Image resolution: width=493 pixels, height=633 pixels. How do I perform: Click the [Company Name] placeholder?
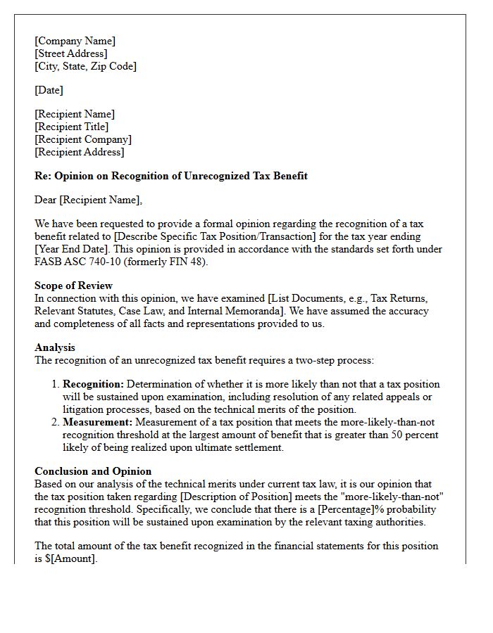[x=75, y=41]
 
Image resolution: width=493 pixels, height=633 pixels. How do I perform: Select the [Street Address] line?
[x=70, y=53]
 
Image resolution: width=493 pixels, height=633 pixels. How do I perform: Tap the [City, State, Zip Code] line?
[x=85, y=66]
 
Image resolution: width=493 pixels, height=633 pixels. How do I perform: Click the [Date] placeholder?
[x=49, y=90]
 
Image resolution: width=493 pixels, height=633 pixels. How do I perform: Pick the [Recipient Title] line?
[x=71, y=127]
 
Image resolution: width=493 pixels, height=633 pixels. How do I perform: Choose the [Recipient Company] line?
[x=82, y=139]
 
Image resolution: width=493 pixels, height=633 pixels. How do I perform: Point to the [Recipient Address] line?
[x=79, y=152]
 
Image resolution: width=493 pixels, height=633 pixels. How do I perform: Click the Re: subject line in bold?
[x=171, y=176]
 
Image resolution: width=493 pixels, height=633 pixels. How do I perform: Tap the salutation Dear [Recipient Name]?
[x=88, y=200]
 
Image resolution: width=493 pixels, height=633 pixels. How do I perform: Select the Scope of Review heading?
[x=73, y=286]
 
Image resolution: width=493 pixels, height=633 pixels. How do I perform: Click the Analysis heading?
[x=55, y=347]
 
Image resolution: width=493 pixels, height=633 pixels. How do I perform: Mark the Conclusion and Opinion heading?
[x=93, y=471]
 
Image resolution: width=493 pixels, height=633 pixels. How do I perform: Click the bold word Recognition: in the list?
[x=93, y=385]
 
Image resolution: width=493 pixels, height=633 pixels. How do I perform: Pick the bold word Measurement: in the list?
[x=97, y=423]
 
